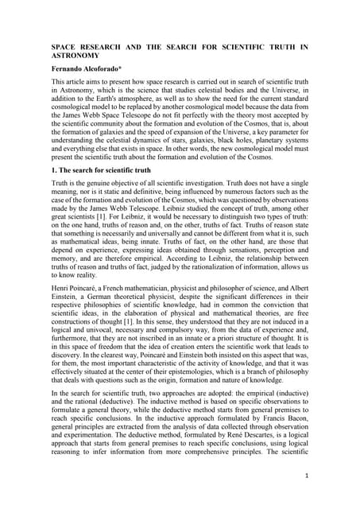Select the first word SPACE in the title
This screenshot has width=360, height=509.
(64, 48)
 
